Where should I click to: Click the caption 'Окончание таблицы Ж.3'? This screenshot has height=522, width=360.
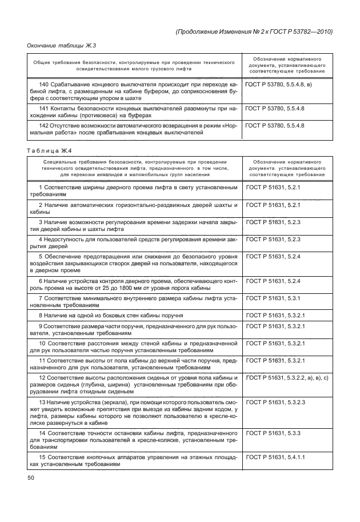pyautogui.click(x=59, y=45)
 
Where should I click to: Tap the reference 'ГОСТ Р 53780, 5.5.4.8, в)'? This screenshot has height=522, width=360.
pyautogui.click(x=277, y=85)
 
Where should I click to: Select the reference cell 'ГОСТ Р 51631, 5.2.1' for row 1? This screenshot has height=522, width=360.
pyautogui.click(x=268, y=188)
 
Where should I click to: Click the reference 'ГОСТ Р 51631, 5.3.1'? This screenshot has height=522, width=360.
pyautogui.click(x=268, y=299)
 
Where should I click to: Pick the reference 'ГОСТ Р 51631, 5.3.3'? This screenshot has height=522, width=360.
pyautogui.click(x=268, y=435)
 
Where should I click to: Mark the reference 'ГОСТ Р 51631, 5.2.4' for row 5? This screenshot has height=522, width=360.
pyautogui.click(x=268, y=257)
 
